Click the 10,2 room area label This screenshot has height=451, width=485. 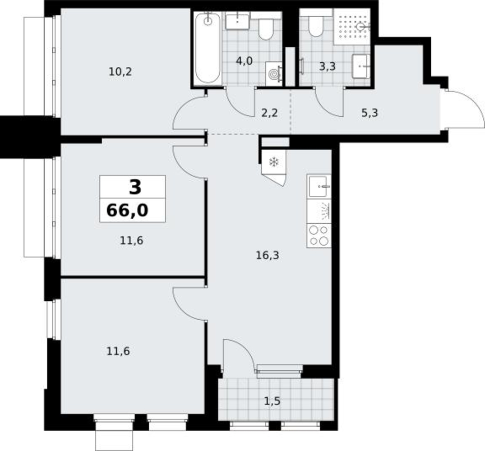(x=120, y=72)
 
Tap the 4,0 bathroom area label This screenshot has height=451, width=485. (x=244, y=61)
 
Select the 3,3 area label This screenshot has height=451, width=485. (x=327, y=66)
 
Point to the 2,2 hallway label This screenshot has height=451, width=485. (x=269, y=113)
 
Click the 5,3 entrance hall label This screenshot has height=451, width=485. (x=370, y=113)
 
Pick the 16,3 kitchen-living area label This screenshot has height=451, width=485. (x=268, y=255)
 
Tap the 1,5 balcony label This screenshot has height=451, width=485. (x=272, y=401)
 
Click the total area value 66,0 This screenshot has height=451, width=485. (x=127, y=211)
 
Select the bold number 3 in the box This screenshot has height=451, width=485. (x=135, y=187)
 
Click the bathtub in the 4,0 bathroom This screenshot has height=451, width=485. (x=208, y=48)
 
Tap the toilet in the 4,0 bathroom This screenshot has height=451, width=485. (x=266, y=29)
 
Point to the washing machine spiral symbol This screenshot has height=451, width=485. (x=274, y=74)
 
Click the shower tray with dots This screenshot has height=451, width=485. (x=352, y=27)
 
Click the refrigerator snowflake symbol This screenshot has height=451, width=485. (x=274, y=161)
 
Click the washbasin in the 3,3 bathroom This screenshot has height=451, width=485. (x=360, y=66)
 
